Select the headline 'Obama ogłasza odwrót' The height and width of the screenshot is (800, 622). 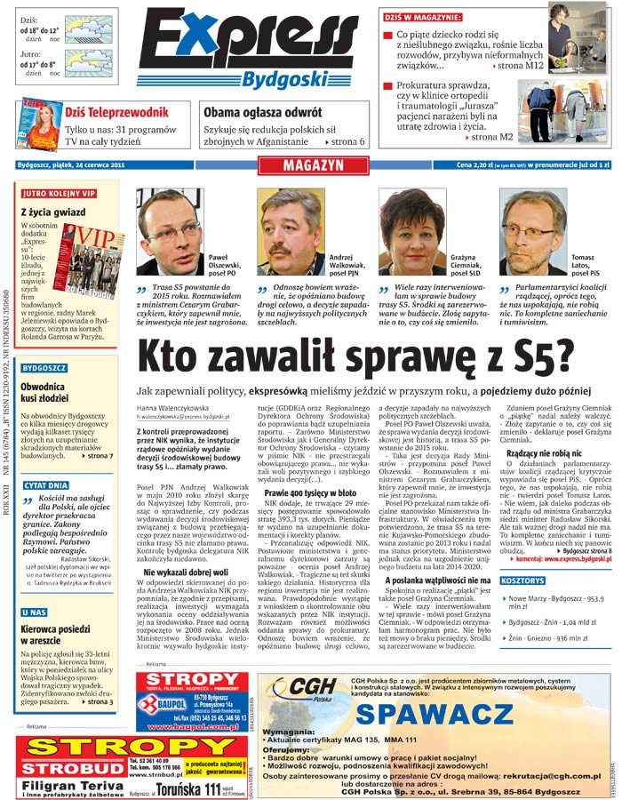(262, 113)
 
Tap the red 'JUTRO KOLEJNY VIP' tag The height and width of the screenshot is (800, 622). (59, 193)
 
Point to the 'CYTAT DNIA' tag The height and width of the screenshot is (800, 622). (46, 485)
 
